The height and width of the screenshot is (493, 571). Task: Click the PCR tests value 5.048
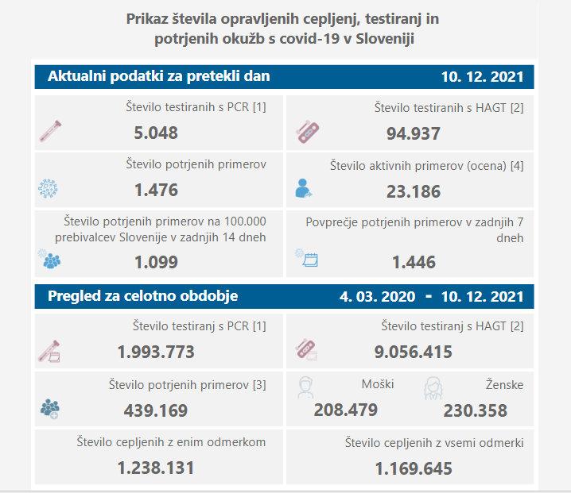pos(155,133)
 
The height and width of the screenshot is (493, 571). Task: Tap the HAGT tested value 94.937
pos(413,133)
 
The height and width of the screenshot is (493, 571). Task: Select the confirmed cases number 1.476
pos(156,191)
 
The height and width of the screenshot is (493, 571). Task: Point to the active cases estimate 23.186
pos(413,191)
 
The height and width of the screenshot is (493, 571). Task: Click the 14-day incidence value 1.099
pos(156,261)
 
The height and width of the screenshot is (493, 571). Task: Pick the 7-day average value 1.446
pos(413,261)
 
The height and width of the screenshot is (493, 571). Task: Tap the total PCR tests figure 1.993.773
pos(156,352)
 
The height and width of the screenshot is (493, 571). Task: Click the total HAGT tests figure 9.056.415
pos(413,352)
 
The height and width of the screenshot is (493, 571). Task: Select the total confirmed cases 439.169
pos(156,410)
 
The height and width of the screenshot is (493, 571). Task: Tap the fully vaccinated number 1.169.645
pos(413,469)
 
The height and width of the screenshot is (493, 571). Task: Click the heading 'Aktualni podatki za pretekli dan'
pos(158,76)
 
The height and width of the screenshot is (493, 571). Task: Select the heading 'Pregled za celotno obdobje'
pos(142,297)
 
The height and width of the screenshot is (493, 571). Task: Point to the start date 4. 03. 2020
pos(377,297)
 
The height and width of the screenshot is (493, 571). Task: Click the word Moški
pos(377,385)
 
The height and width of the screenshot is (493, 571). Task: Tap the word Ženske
pos(504,385)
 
